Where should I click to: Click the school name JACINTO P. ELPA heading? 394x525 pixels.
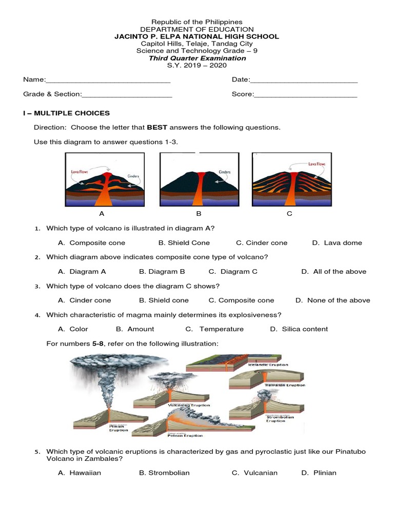tap(197, 36)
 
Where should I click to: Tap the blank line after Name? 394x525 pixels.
tap(108, 80)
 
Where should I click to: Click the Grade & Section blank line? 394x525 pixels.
tap(127, 95)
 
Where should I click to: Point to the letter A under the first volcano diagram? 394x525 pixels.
tap(102, 214)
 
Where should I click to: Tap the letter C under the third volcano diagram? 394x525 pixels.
tap(289, 214)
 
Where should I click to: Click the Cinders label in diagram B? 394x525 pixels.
tap(225, 172)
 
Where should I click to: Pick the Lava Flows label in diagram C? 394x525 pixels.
tap(317, 164)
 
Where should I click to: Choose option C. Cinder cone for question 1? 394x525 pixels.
tap(262, 243)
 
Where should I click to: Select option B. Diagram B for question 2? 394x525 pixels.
tap(162, 272)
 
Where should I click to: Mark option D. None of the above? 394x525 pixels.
tap(332, 300)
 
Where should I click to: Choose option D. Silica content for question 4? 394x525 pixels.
tap(299, 329)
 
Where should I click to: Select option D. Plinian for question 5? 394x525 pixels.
tap(319, 473)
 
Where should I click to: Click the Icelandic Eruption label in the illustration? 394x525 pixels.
tap(268, 365)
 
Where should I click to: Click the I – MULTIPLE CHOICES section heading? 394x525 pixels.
tap(66, 113)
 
